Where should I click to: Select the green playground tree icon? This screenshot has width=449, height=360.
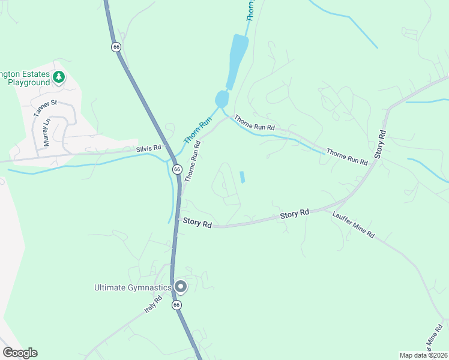coord(59,77)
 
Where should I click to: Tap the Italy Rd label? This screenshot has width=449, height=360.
coord(154,305)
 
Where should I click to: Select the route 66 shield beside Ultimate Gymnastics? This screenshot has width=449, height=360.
coord(176,305)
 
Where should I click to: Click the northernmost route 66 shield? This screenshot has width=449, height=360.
coord(116,46)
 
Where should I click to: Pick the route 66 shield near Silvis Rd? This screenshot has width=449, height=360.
coord(177,170)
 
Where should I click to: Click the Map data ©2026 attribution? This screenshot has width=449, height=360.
coord(423,355)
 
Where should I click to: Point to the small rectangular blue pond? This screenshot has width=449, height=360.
coord(243,177)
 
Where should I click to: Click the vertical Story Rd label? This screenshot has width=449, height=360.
coord(379,144)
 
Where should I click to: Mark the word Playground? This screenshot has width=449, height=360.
coord(29,83)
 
